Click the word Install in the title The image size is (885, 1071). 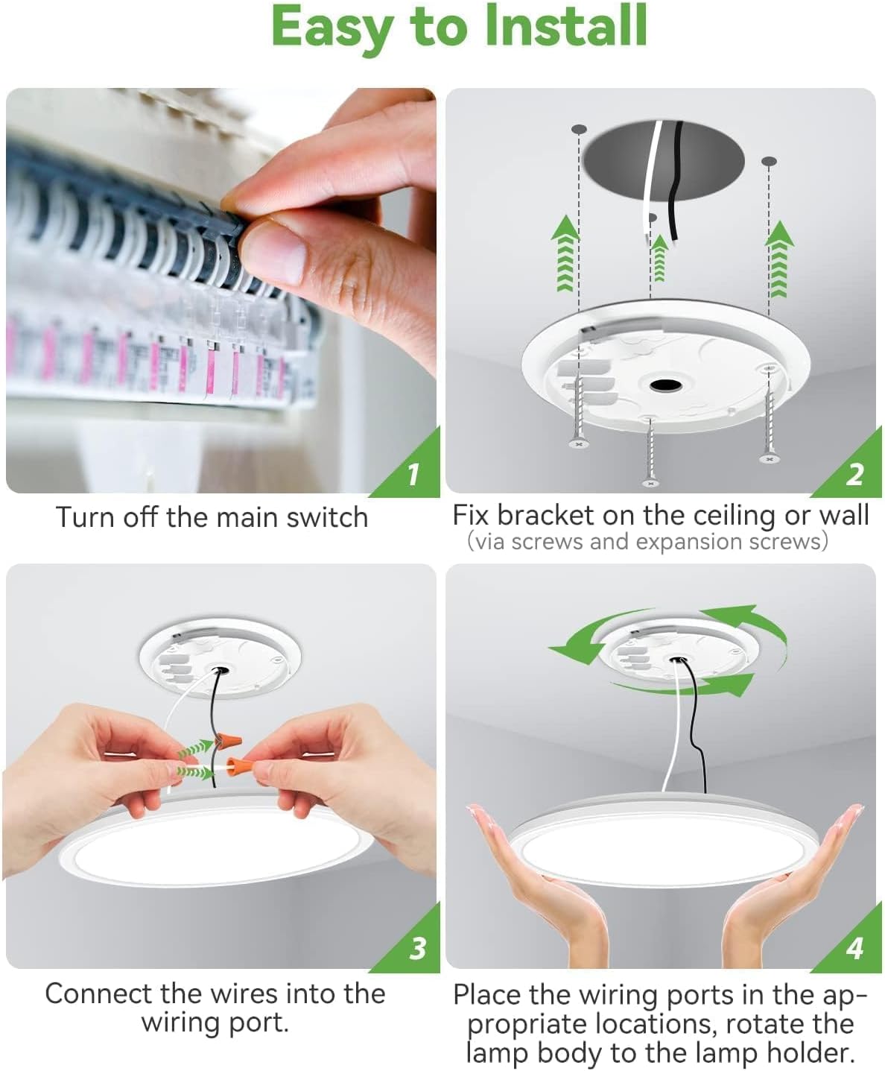(x=565, y=26)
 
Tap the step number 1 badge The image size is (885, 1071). (x=413, y=473)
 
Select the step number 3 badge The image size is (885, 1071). (x=417, y=949)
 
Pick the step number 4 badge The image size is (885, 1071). (x=854, y=948)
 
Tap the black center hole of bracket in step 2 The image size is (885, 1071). (x=662, y=385)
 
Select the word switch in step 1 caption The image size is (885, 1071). (x=327, y=517)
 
